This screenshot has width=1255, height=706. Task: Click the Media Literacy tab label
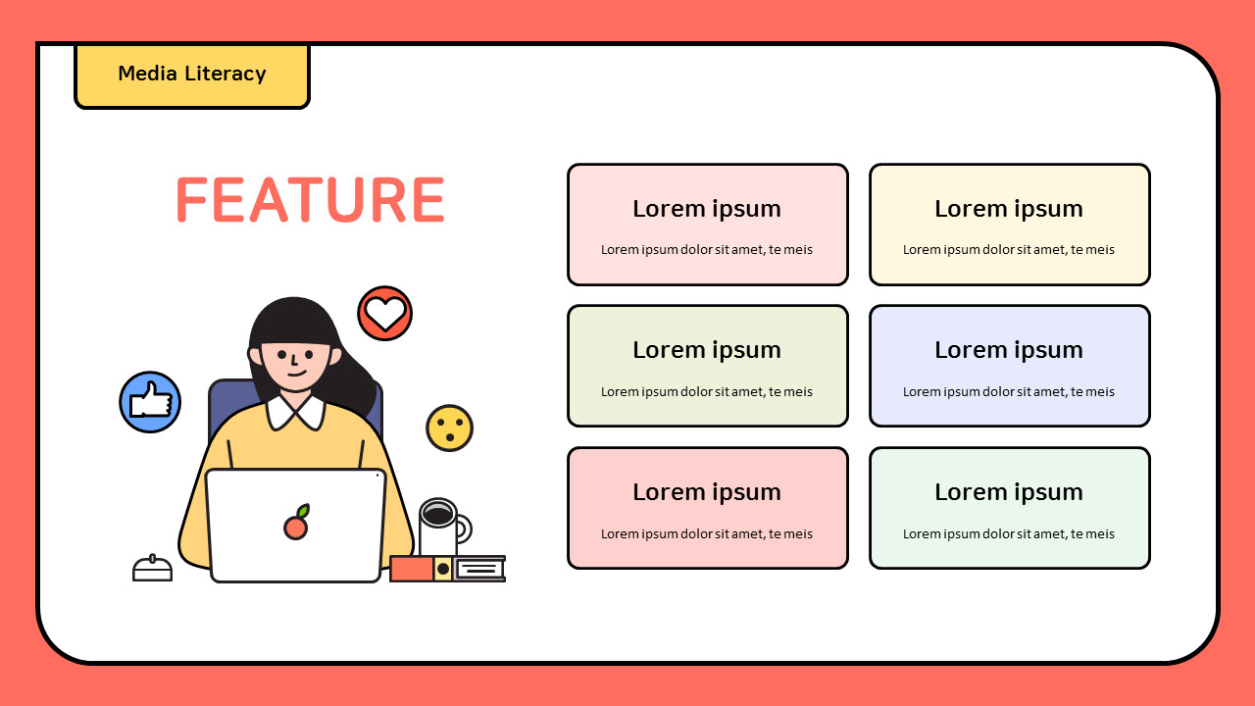click(x=192, y=74)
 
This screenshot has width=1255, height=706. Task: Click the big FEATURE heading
click(x=310, y=200)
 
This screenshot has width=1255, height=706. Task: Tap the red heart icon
click(x=384, y=314)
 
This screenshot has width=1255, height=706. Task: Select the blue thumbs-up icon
click(x=150, y=402)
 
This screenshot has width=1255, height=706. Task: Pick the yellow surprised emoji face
click(x=449, y=429)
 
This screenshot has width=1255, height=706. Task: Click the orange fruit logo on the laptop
click(x=296, y=526)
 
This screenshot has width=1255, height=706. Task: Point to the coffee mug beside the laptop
click(x=440, y=528)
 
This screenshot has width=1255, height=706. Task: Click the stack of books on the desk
click(x=447, y=569)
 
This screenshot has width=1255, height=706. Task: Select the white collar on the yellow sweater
click(x=295, y=411)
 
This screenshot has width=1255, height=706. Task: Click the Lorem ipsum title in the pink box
click(x=707, y=209)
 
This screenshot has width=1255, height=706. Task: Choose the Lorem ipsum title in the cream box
click(x=1009, y=209)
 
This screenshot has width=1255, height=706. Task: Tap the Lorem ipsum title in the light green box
click(x=707, y=350)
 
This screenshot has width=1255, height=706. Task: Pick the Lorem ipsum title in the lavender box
click(x=1009, y=350)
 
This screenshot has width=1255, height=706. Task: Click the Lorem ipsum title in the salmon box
click(x=707, y=492)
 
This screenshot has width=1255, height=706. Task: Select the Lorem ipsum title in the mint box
click(x=1009, y=492)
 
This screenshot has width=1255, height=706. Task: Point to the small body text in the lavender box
click(x=1009, y=392)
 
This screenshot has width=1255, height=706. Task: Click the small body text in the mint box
click(x=1009, y=534)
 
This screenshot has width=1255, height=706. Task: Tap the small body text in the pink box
click(x=707, y=250)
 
